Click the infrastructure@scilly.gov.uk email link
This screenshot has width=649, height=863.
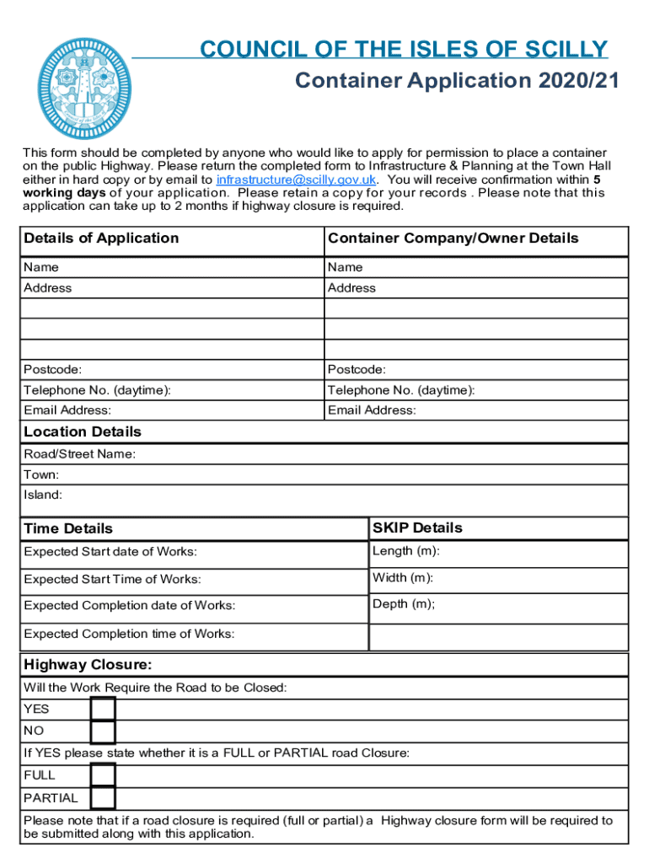click(296, 180)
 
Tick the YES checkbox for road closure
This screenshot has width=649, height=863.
click(103, 710)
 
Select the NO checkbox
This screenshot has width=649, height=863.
click(103, 732)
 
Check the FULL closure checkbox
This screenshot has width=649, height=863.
click(103, 775)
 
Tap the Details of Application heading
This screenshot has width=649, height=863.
click(101, 239)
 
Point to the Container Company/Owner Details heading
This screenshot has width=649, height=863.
click(453, 239)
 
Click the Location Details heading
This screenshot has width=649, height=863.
click(83, 432)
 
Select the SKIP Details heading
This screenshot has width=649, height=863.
click(417, 528)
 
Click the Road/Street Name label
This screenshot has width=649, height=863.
click(79, 454)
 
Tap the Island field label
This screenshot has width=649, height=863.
click(42, 496)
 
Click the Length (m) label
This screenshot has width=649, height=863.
click(405, 551)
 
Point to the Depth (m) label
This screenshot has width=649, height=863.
click(404, 604)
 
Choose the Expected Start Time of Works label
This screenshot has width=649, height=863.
click(112, 580)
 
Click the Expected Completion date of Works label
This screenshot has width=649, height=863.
click(129, 606)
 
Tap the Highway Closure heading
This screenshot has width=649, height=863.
click(88, 665)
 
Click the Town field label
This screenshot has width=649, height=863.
click(41, 475)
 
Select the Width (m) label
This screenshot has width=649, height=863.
click(403, 578)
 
